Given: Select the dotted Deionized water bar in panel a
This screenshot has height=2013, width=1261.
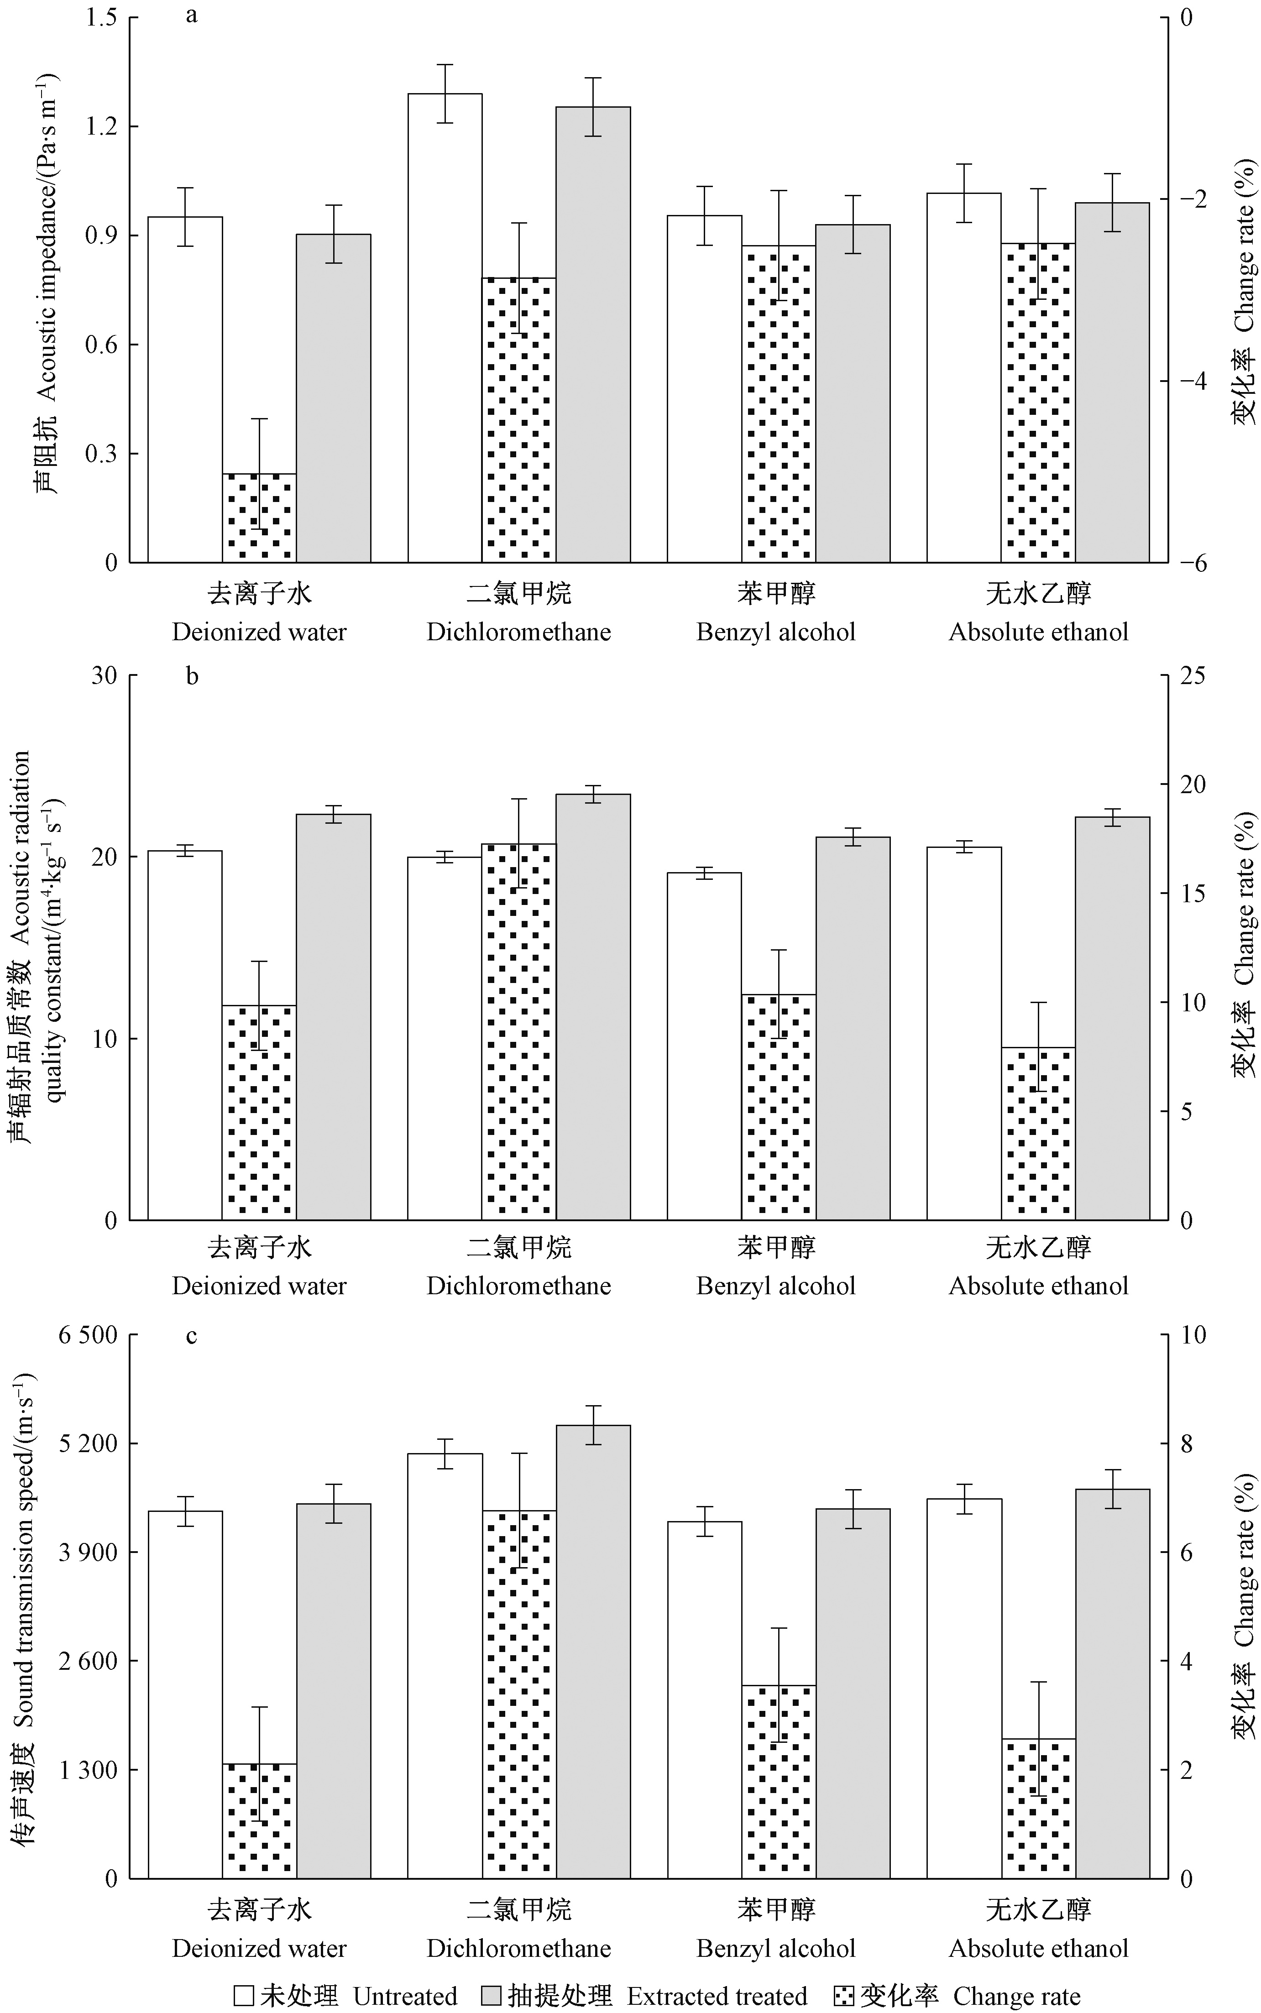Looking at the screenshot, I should (x=259, y=517).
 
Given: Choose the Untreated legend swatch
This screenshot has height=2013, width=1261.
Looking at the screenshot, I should (x=244, y=1989).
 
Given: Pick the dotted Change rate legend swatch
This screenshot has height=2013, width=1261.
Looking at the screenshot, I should (x=843, y=1989).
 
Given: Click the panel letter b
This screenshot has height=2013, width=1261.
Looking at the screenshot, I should (x=192, y=675).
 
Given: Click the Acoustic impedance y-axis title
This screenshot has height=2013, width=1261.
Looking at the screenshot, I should (x=47, y=283).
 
